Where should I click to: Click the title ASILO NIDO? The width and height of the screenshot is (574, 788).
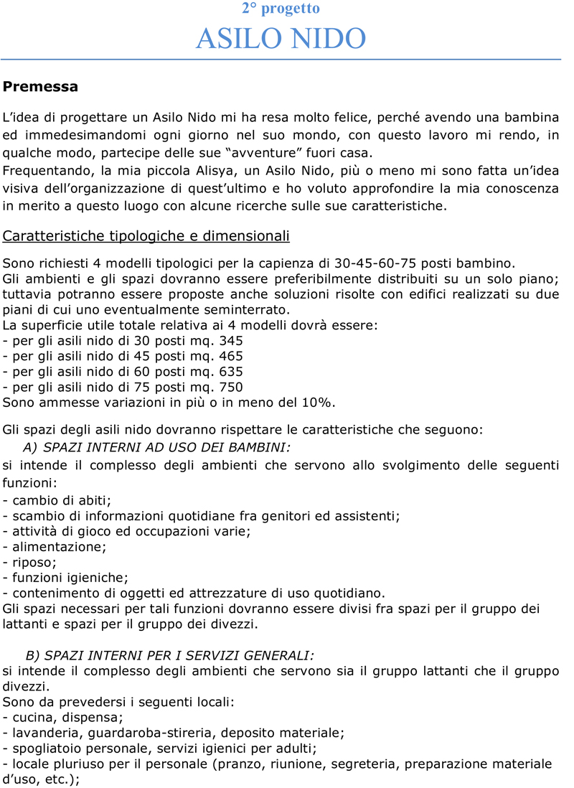281,39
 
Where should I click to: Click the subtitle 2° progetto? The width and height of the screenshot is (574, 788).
281,9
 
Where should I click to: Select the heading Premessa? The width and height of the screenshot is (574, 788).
40,87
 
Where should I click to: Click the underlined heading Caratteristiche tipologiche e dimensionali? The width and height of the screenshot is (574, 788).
146,236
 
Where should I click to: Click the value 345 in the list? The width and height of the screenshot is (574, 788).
230,340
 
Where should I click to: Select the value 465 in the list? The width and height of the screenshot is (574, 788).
230,356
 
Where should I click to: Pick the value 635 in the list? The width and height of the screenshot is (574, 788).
230,372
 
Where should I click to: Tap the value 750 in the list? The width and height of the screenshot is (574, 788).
230,388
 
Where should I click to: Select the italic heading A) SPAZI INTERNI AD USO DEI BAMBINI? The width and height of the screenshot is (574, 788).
156,447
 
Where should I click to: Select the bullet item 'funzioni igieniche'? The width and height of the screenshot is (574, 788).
70,578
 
